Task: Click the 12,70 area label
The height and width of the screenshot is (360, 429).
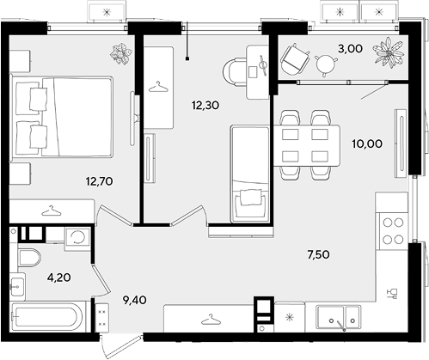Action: [99, 181]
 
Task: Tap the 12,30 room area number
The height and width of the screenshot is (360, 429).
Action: [205, 106]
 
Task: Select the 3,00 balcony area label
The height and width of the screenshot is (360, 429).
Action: [350, 49]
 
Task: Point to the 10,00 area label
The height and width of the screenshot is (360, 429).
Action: [367, 143]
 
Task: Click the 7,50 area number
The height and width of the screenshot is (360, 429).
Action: [318, 254]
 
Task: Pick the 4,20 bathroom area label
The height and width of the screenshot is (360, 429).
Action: [59, 278]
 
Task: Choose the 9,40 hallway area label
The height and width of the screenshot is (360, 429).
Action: [134, 300]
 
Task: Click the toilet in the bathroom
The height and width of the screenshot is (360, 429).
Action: [29, 258]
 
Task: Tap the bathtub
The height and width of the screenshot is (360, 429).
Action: [46, 316]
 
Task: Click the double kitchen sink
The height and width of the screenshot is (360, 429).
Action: [338, 317]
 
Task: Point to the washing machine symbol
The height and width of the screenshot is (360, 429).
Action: [77, 238]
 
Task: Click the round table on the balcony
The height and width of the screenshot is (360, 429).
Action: [326, 64]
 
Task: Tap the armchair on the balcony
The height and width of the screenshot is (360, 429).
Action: [294, 60]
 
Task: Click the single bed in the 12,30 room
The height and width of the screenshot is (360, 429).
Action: [250, 174]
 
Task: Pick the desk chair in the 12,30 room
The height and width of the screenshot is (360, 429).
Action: [235, 71]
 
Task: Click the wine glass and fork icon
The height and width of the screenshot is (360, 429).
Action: [391, 294]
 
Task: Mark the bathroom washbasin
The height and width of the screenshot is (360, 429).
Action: [17, 286]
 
